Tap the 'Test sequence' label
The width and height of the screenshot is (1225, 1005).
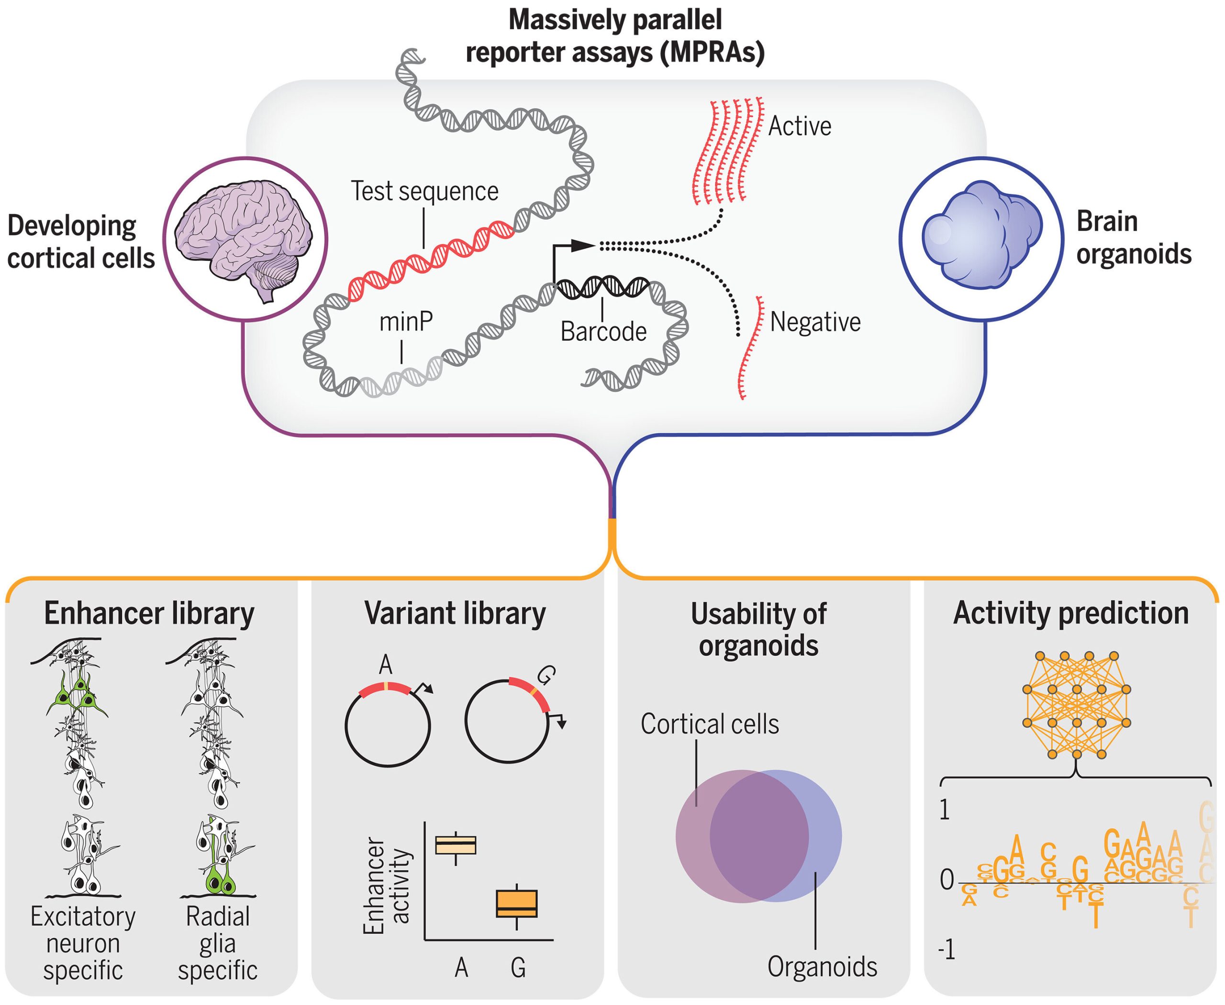click(424, 191)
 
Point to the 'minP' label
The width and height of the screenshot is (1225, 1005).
click(406, 322)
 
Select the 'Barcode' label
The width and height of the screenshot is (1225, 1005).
click(603, 332)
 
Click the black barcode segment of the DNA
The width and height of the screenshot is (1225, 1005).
click(602, 287)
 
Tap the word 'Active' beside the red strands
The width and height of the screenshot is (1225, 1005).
click(799, 126)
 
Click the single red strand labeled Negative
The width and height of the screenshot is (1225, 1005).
click(749, 347)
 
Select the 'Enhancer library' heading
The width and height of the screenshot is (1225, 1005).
click(149, 614)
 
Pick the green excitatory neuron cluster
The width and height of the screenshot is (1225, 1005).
click(77, 695)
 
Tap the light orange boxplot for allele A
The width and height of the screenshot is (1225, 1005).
click(456, 845)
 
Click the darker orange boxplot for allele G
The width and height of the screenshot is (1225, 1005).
click(516, 903)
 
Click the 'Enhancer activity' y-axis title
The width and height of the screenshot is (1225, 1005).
click(387, 886)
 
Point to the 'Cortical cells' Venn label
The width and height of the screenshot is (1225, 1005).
click(710, 724)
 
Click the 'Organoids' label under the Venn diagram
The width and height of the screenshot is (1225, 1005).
click(822, 967)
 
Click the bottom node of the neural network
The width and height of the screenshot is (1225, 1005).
click(1076, 754)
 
